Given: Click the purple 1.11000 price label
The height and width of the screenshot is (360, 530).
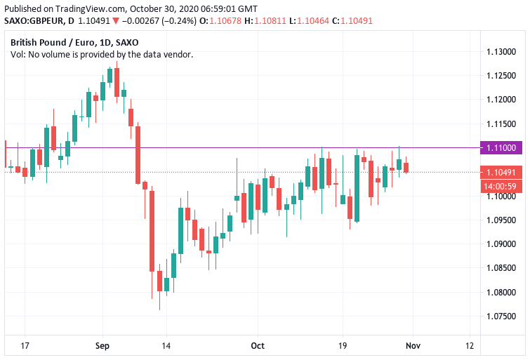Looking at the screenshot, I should [502, 147].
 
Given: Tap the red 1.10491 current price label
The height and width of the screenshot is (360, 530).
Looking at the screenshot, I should [502, 172].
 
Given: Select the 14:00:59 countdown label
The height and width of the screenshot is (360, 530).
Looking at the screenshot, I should [502, 186].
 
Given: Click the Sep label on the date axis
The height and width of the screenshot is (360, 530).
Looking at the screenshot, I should [103, 346].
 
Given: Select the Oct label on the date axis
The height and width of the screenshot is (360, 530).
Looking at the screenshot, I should [258, 346].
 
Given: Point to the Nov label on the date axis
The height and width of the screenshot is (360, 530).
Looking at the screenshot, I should [413, 346].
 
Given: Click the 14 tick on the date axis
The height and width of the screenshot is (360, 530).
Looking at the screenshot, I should [166, 346].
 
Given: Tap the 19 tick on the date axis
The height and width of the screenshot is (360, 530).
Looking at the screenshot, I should [343, 346].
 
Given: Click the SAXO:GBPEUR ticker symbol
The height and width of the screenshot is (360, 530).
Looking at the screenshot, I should [34, 20].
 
